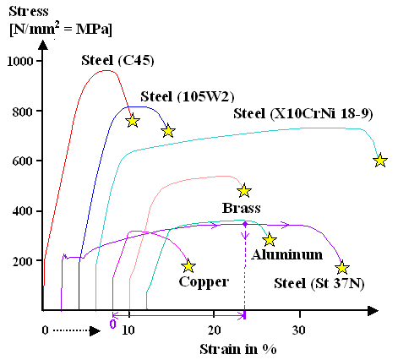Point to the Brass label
tap(241, 207)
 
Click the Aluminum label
tap(287, 254)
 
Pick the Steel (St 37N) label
tap(319, 283)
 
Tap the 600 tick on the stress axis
tap(25, 161)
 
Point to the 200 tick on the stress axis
tap(25, 261)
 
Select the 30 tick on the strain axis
tap(298, 330)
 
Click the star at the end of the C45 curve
tap(132, 121)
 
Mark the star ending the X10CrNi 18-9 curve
tap(380, 161)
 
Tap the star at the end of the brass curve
tap(244, 191)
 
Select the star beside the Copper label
tap(188, 266)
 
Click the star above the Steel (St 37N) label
tap(342, 268)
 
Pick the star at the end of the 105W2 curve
tap(168, 131)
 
